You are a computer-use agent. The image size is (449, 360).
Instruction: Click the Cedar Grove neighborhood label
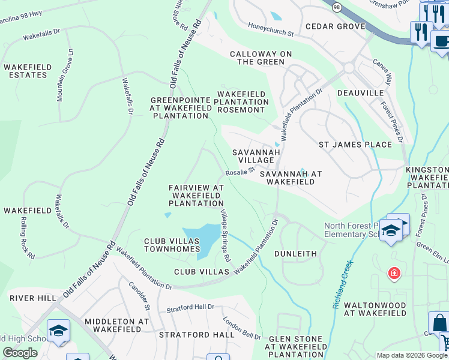point(335,26)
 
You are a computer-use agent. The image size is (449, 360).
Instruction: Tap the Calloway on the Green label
point(261,58)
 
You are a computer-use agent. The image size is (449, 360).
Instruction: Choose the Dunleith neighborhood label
point(295,254)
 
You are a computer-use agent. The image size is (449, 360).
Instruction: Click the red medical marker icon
point(394,274)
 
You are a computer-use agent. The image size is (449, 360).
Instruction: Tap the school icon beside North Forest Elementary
point(391,231)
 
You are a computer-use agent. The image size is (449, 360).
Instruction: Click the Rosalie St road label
point(241,172)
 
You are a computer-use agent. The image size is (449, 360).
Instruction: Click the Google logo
point(20,353)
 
